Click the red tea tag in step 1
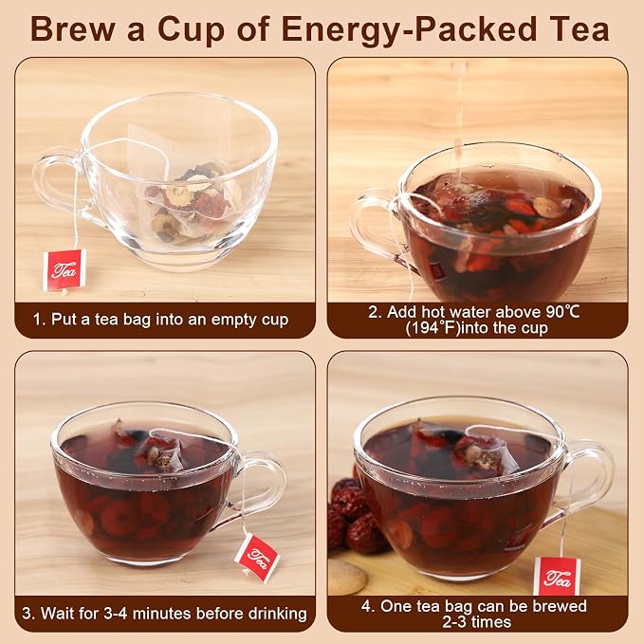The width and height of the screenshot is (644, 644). click(x=64, y=270)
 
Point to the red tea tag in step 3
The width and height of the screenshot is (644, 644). click(x=257, y=558)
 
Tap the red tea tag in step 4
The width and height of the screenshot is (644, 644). click(x=557, y=577)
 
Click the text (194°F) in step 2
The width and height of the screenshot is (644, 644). click(x=432, y=328)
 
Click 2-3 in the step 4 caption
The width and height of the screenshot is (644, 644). click(x=454, y=622)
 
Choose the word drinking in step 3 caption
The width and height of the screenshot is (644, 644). click(x=277, y=614)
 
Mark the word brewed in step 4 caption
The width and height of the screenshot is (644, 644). click(x=561, y=606)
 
